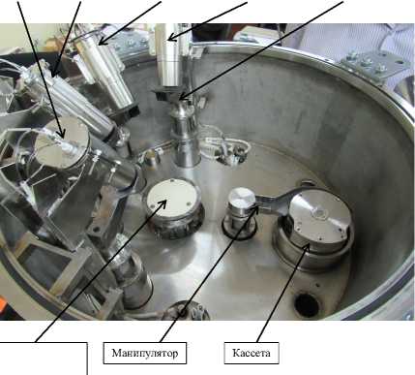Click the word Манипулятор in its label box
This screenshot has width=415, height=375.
145,353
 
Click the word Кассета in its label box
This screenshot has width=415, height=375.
252,353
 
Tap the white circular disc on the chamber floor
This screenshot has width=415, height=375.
171,198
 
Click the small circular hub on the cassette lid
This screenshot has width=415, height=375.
319,213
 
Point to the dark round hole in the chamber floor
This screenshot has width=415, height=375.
307,304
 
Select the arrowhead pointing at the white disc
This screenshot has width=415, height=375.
163,203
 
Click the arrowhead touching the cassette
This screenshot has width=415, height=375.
307,248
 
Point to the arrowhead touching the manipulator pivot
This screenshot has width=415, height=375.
255,210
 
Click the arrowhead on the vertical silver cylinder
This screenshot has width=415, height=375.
172,38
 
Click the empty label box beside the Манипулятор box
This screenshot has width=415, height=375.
44,359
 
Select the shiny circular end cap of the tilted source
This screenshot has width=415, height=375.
62,143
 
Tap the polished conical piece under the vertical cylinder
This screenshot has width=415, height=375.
183,110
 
